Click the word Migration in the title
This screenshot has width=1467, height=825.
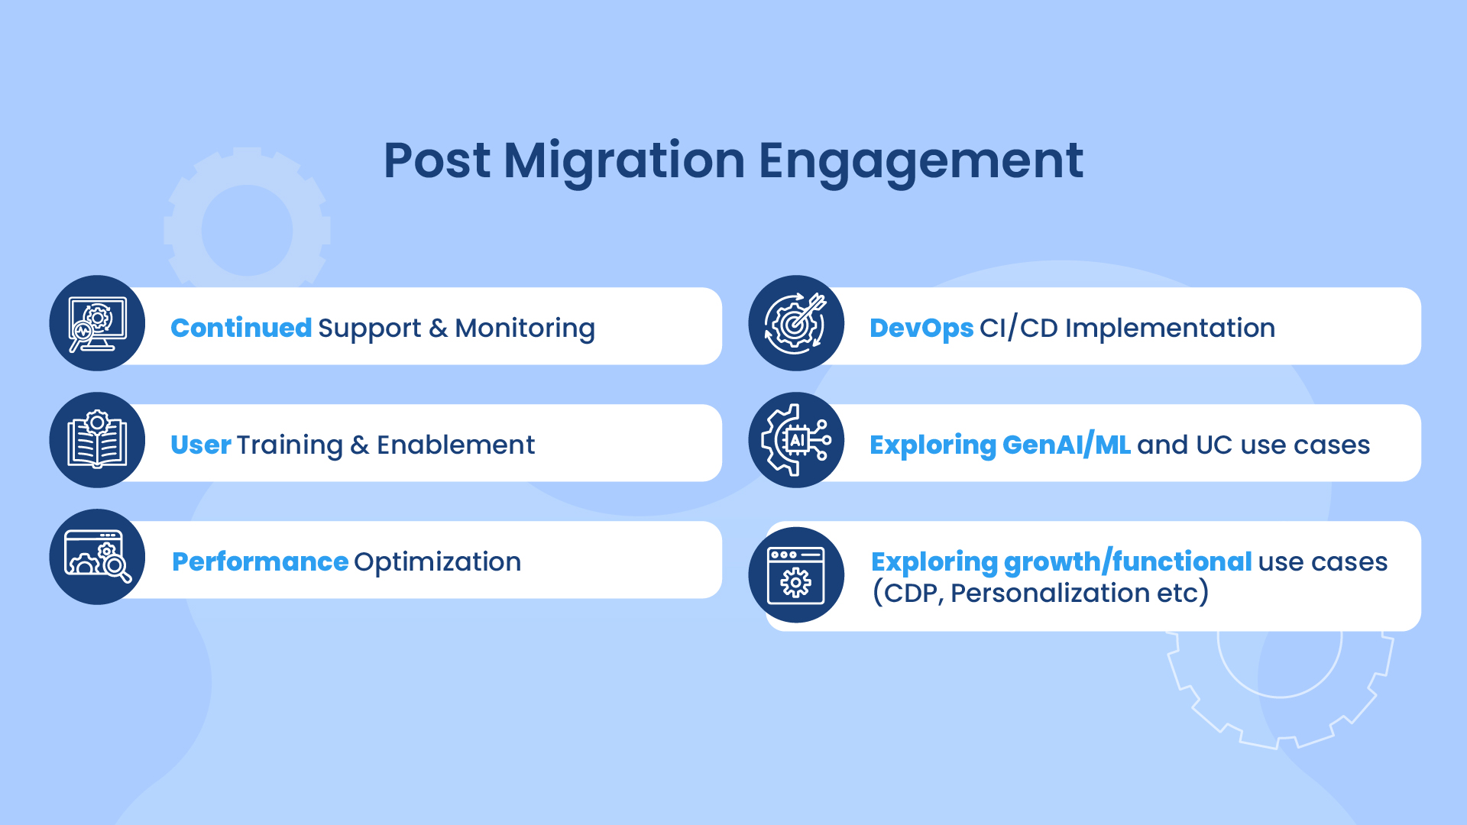[x=624, y=162]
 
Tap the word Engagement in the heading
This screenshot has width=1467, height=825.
[x=921, y=162]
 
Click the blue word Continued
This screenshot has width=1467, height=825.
[x=241, y=328]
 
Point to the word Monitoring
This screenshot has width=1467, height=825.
[x=525, y=329]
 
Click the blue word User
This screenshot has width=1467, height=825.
[x=201, y=445]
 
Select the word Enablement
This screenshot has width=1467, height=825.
[x=455, y=445]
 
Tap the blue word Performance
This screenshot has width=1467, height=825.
[x=261, y=561]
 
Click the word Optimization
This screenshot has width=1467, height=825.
[x=438, y=562]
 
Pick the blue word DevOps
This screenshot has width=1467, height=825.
[x=921, y=328]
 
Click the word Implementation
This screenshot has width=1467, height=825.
[x=1170, y=328]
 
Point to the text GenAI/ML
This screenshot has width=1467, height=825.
[x=1066, y=445]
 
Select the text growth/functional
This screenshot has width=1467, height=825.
[x=1128, y=562]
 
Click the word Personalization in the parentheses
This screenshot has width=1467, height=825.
[x=1050, y=593]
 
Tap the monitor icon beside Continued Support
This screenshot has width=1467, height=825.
[x=97, y=323]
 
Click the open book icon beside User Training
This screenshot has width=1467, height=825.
[x=97, y=440]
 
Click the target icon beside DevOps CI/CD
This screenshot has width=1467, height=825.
[x=796, y=323]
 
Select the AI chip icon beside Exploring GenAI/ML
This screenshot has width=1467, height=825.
[x=796, y=440]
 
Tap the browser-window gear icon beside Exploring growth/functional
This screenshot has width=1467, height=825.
[x=796, y=575]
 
